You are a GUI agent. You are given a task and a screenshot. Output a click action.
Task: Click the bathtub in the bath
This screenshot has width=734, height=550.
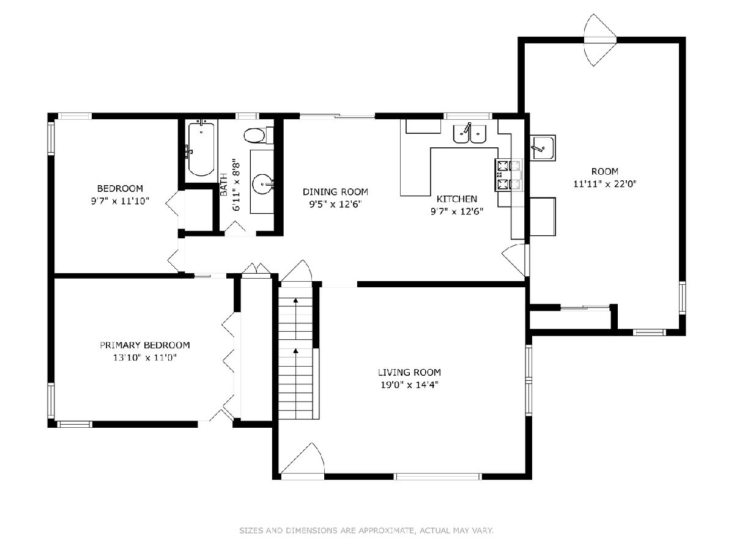[201, 149]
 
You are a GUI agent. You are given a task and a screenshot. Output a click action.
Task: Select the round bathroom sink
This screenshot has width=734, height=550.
[263, 184]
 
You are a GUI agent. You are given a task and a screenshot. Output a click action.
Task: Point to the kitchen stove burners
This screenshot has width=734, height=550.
[509, 175]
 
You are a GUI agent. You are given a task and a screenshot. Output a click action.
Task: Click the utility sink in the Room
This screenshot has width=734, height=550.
[543, 148]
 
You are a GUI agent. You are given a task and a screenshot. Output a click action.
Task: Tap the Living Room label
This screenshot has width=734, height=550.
[409, 372]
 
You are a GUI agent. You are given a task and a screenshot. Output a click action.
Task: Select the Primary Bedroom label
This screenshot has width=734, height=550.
[145, 345]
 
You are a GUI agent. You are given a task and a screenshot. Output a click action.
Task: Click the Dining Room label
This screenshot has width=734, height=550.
[335, 192]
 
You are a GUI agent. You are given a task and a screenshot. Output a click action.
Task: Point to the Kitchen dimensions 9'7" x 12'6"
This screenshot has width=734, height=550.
[457, 211]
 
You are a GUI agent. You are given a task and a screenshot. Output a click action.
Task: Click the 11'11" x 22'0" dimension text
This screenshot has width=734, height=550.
[605, 184]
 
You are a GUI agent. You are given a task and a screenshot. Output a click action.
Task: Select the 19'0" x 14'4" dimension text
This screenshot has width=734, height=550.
[409, 385]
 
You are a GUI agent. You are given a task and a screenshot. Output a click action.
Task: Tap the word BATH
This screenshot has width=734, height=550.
[224, 185]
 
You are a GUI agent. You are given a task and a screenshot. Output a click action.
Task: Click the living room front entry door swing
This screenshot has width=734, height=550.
[303, 460]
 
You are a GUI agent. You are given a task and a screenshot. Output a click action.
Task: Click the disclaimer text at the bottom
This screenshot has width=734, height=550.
[366, 530]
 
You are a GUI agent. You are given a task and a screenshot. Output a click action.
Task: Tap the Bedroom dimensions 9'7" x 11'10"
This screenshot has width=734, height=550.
[120, 201]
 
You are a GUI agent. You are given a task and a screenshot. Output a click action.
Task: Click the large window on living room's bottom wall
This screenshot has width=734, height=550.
[437, 477]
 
